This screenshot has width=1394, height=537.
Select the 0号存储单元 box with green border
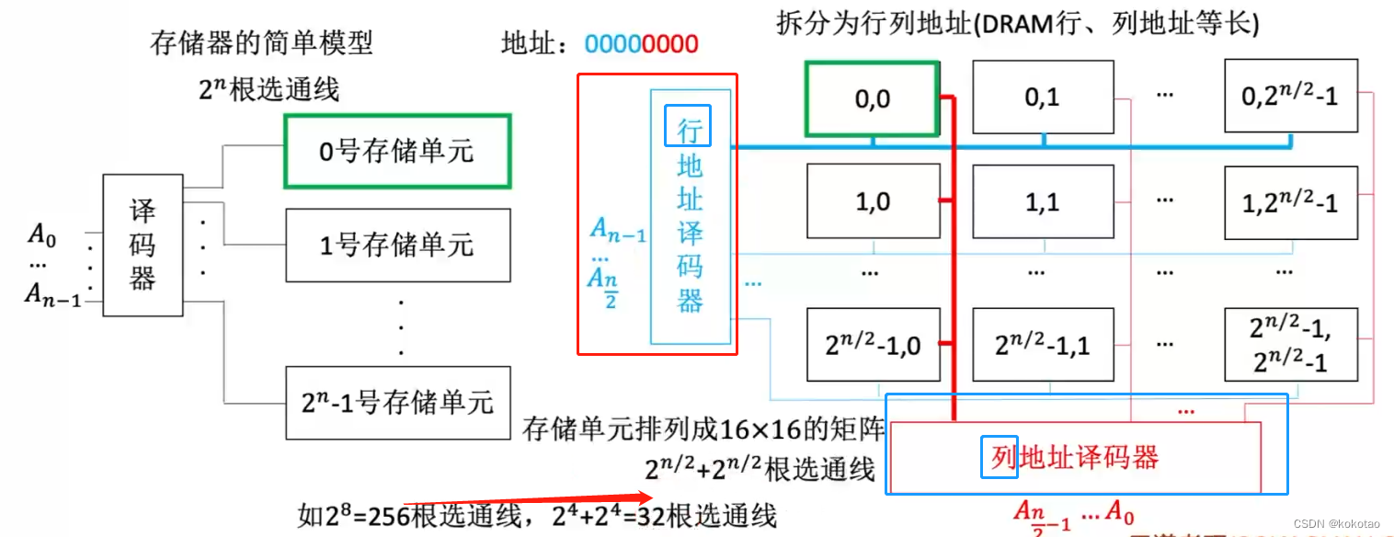tap(397, 151)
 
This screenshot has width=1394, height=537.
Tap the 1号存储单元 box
tap(397, 245)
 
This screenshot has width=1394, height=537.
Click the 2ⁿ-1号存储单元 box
tap(397, 402)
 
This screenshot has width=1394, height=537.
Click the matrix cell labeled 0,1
tap(1042, 97)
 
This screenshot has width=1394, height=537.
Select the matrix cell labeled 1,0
tap(873, 201)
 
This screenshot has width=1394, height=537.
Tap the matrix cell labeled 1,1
tap(1042, 201)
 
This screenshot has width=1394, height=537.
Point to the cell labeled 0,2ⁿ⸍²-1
tap(1291, 97)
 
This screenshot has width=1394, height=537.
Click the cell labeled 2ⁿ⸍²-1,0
tap(873, 345)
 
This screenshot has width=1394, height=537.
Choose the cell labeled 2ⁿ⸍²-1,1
tap(1042, 345)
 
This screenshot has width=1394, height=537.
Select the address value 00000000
tap(641, 43)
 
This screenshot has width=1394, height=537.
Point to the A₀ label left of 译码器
tap(41, 234)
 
